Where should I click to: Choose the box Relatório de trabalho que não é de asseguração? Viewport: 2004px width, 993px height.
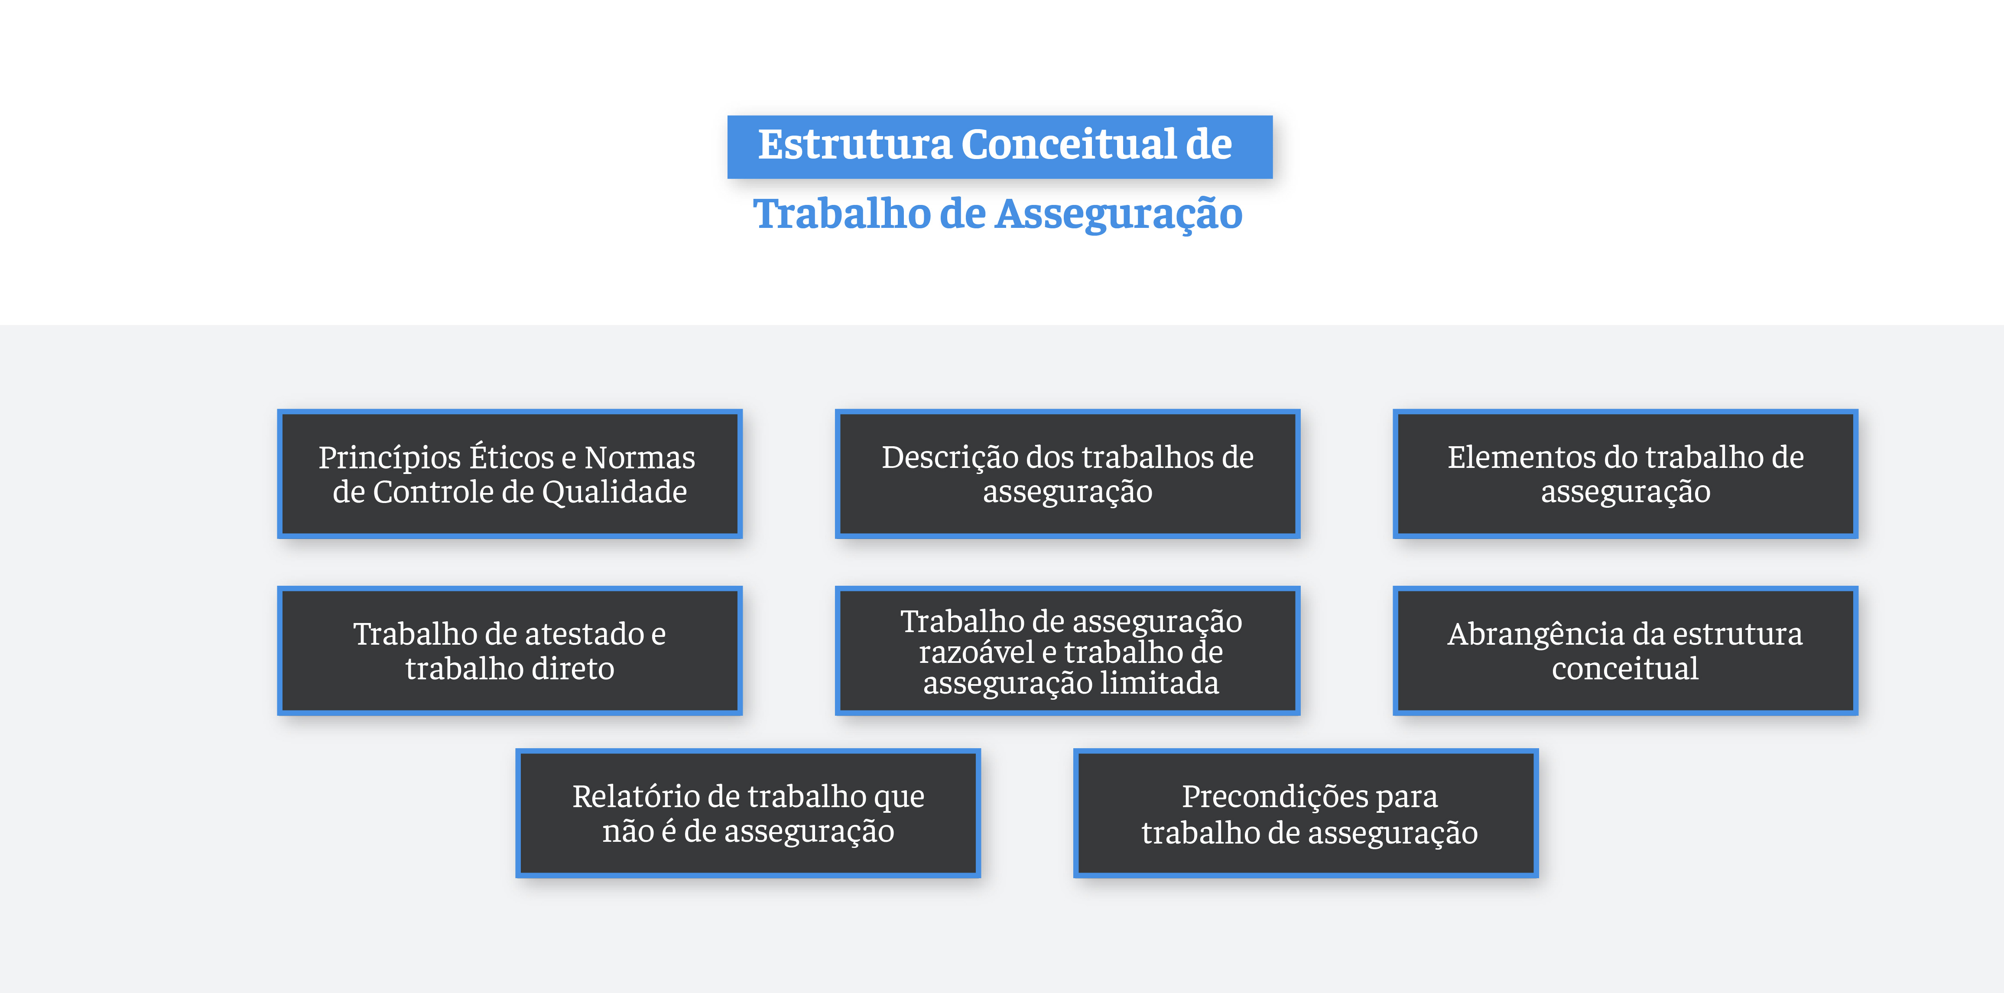tap(747, 813)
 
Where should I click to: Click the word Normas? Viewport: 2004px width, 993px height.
tap(640, 458)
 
